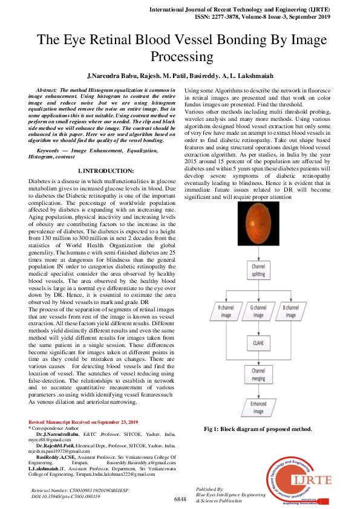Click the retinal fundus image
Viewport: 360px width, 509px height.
(x=258, y=232)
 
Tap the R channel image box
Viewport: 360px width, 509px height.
(x=226, y=311)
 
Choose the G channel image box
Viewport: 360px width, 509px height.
(x=258, y=311)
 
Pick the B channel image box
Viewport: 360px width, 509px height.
(x=290, y=311)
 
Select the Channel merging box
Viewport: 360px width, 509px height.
(x=258, y=374)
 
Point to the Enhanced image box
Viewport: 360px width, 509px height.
(x=258, y=407)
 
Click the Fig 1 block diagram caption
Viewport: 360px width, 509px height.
(x=258, y=429)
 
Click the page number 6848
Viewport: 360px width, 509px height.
(x=180, y=499)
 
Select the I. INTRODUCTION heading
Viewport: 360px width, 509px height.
(x=106, y=171)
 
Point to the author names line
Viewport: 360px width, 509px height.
(x=179, y=77)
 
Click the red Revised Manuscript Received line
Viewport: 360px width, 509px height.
(x=83, y=421)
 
